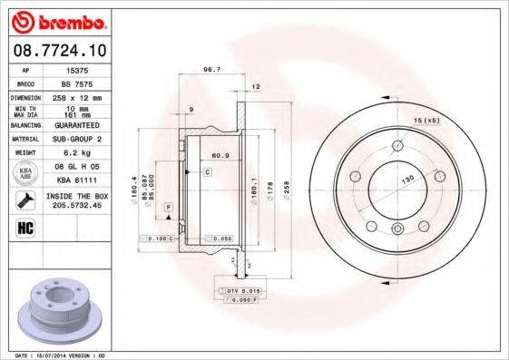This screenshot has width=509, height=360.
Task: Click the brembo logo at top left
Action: [57, 20]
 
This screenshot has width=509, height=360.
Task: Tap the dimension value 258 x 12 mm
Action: [78, 97]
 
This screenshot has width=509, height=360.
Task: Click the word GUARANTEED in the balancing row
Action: [78, 125]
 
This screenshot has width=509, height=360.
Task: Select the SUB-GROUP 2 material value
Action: [78, 140]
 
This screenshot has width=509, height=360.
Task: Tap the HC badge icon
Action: [26, 228]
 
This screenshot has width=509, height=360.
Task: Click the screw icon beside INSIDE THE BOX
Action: [25, 200]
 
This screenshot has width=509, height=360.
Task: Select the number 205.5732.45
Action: [78, 206]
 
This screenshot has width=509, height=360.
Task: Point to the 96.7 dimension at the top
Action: [212, 69]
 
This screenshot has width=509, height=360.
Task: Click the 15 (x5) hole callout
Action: [426, 120]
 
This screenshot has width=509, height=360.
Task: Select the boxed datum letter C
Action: [207, 171]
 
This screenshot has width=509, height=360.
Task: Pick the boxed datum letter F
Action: [168, 209]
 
